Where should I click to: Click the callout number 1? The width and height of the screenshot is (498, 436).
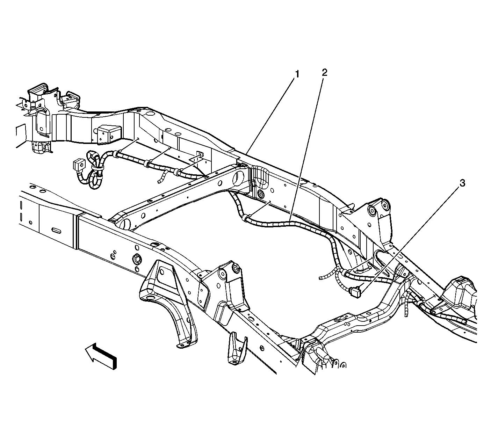pos(297,74)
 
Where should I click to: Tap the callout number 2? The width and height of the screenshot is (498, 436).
pos(324,72)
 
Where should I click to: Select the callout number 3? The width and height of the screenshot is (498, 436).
pos(462,183)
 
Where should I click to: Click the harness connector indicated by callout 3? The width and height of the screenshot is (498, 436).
pos(355,291)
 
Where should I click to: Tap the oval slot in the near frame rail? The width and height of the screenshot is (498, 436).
pos(56,231)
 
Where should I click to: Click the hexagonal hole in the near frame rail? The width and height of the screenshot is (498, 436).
pos(136,259)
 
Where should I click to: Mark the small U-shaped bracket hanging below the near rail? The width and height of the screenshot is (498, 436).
pos(237,351)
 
